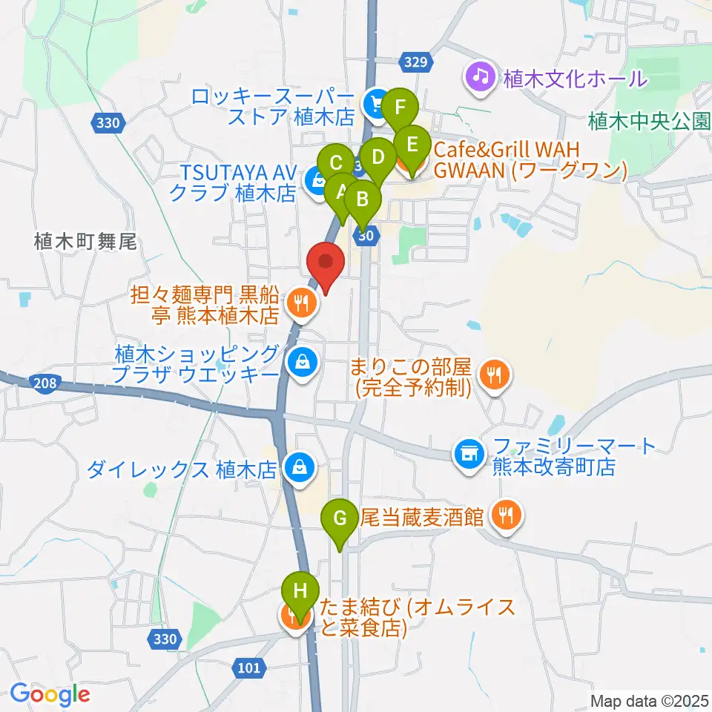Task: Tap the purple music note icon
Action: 480,76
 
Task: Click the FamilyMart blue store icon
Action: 468,451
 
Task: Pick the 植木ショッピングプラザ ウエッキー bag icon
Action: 302,363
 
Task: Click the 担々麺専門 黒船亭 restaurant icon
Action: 300,303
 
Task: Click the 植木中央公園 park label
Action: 649,121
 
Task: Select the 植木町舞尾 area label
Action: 86,241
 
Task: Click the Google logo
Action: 50,694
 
